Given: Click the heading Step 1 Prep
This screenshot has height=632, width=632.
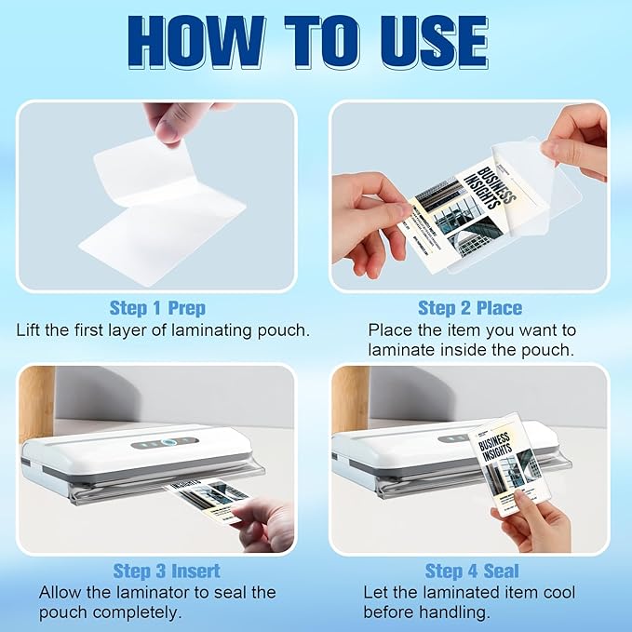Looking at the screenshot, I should click(157, 308).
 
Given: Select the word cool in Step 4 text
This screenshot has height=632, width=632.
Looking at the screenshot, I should click(558, 592).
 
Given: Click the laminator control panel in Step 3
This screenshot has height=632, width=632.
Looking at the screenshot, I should click(166, 443).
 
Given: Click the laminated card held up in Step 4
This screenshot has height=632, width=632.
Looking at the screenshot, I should click(504, 465).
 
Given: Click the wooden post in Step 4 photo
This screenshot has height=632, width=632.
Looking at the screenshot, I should click(349, 400).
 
